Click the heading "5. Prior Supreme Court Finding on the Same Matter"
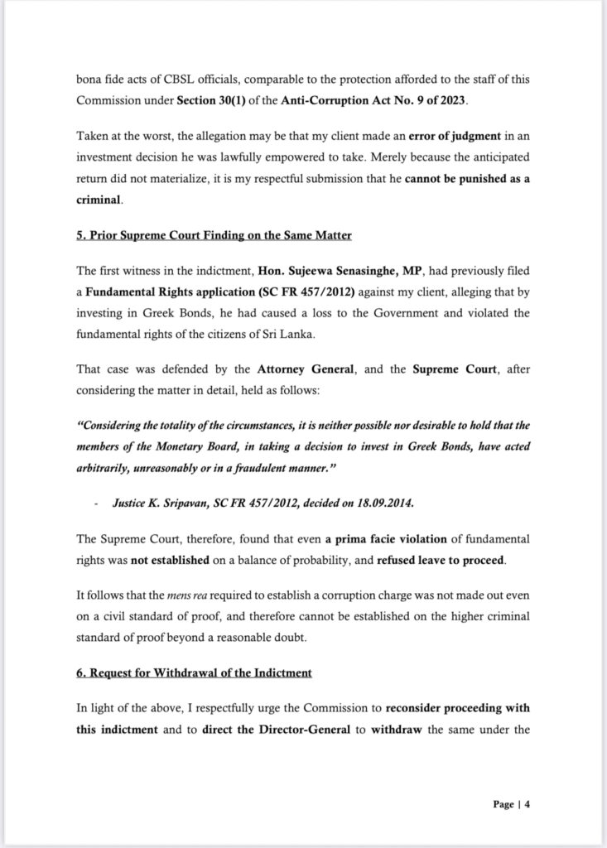coord(214,236)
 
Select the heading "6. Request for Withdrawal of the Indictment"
coord(194,673)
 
